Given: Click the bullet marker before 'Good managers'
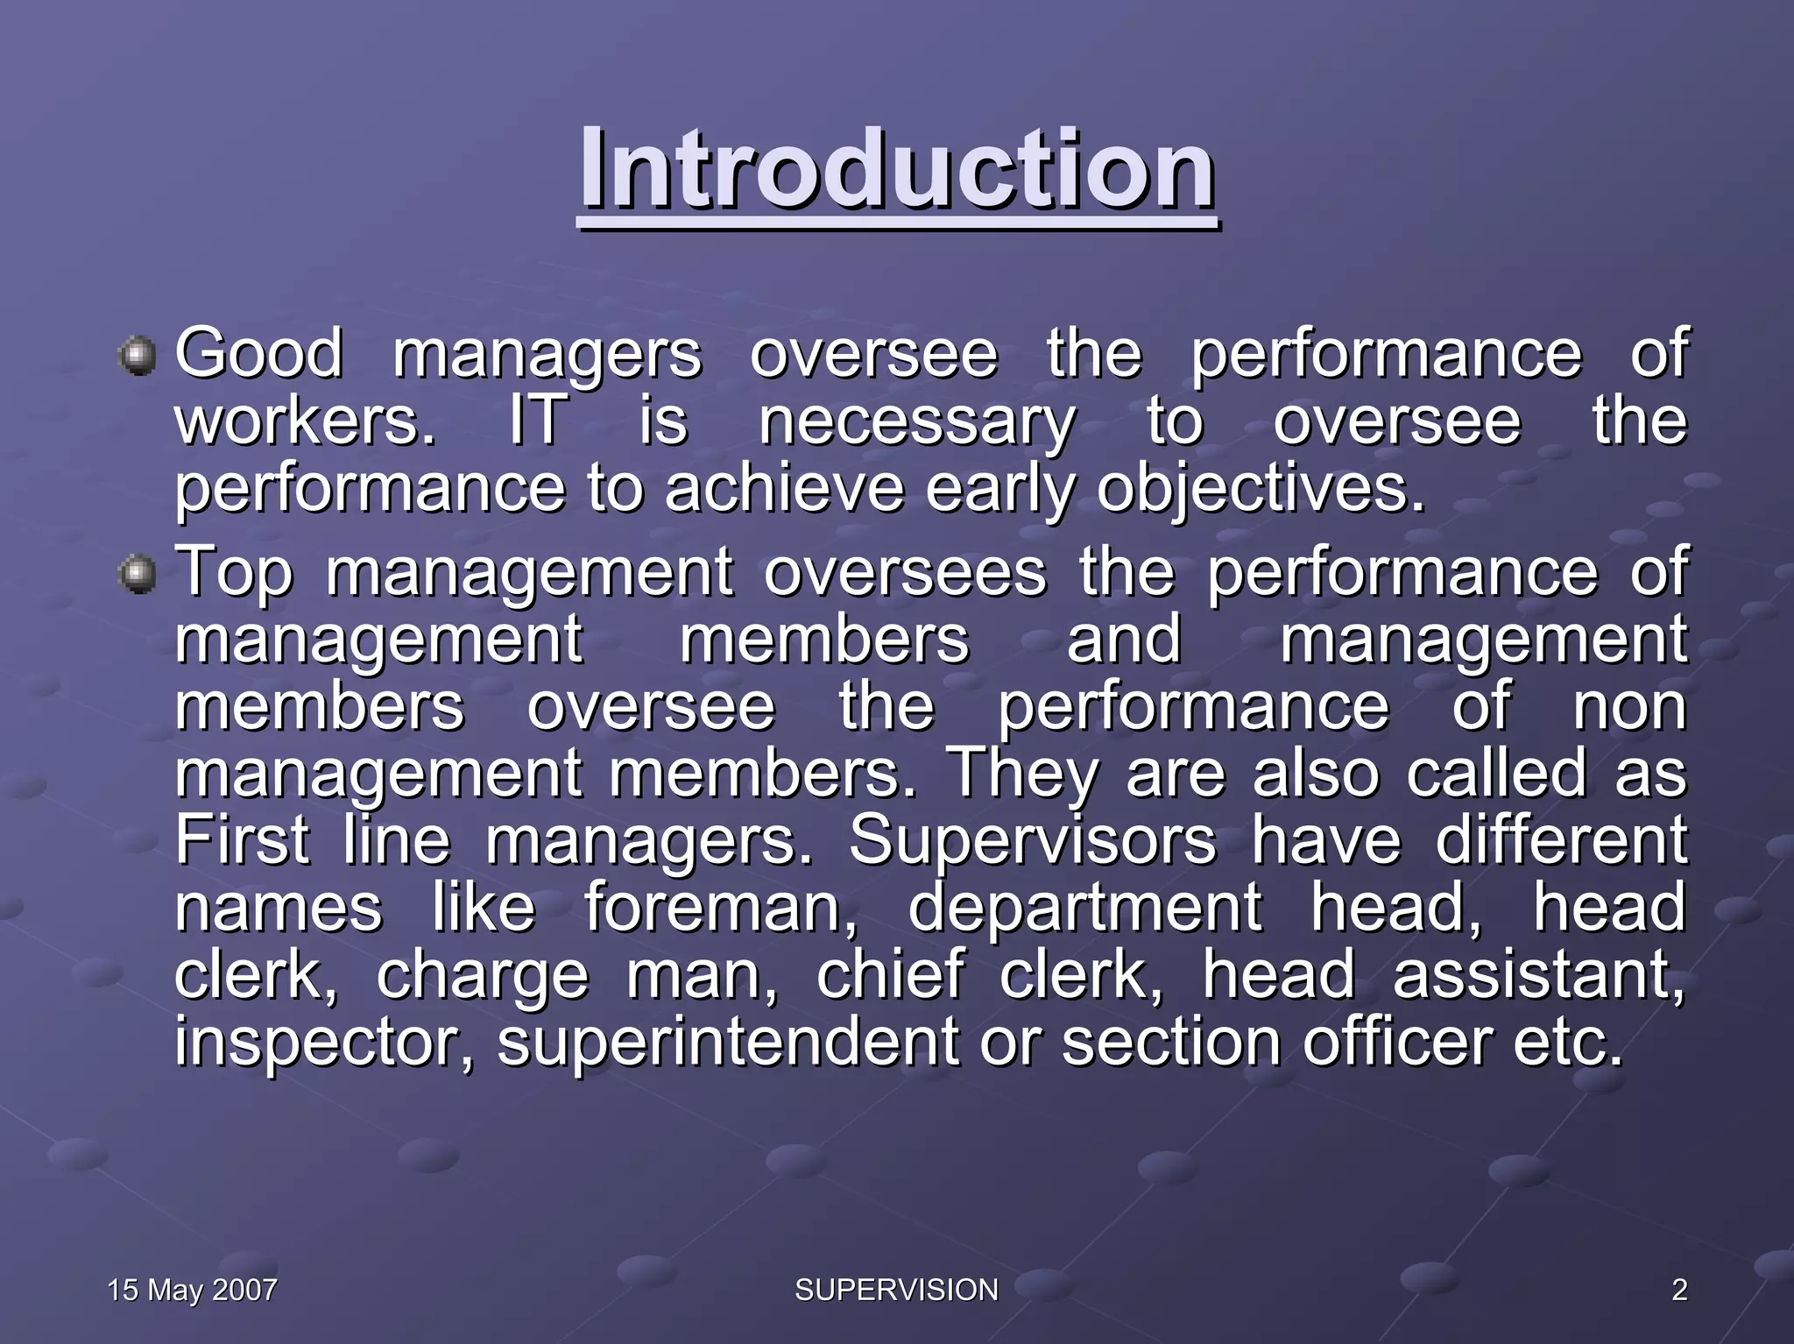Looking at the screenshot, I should tap(137, 357).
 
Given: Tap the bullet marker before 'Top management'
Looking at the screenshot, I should tap(137, 575).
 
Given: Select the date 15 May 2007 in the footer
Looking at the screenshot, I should tap(192, 1290).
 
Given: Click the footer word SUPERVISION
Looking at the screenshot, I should tap(896, 1290).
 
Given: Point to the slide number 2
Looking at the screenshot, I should tap(1678, 1290).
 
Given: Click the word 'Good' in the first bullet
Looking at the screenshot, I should tap(258, 353).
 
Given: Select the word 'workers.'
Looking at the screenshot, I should tap(305, 421).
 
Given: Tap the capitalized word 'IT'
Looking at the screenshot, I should tap(536, 421).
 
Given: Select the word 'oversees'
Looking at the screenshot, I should tap(905, 572).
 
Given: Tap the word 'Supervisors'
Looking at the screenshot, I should tap(1033, 840).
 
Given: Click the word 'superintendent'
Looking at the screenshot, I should tap(728, 1043).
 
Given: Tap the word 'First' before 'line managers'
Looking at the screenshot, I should tap(242, 840).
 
